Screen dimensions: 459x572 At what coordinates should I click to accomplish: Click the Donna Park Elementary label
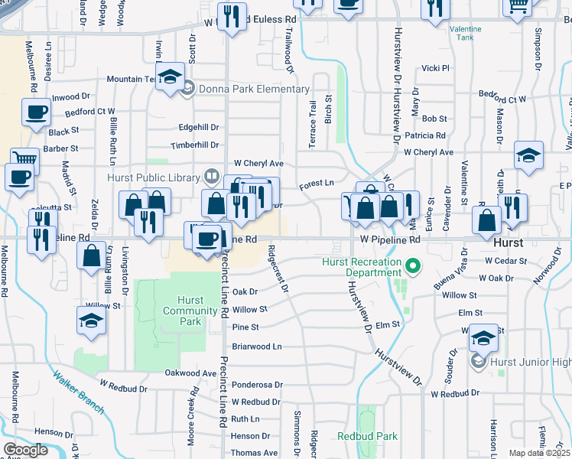click(253, 90)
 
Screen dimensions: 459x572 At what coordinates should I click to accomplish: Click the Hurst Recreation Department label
click(362, 267)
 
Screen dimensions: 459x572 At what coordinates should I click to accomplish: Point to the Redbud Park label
click(367, 436)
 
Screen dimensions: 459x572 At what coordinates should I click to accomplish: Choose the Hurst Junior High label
click(530, 361)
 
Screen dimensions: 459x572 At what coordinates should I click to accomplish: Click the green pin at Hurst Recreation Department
click(414, 267)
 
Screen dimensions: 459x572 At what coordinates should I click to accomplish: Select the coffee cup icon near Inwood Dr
click(35, 113)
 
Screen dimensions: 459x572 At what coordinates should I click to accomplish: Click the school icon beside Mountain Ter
click(171, 76)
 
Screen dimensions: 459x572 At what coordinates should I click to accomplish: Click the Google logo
click(25, 450)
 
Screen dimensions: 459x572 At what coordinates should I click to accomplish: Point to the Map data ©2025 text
click(539, 453)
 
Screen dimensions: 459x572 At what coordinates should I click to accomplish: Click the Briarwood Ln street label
click(256, 346)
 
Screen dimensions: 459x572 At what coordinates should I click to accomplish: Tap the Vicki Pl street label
click(435, 68)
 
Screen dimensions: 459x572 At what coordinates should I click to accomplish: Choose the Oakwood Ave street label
click(191, 373)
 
